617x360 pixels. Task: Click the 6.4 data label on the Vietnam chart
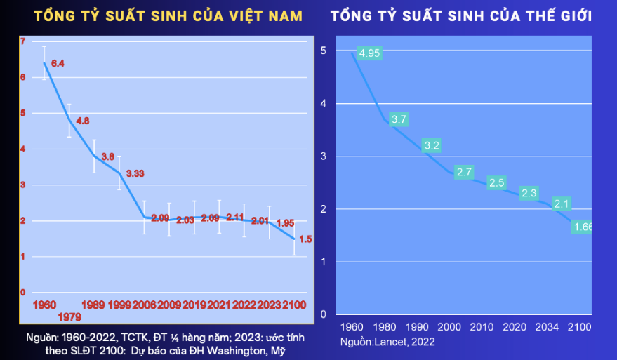(58, 64)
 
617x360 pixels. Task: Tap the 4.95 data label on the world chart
(369, 53)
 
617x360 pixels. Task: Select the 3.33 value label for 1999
(135, 173)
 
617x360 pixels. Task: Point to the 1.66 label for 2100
(583, 227)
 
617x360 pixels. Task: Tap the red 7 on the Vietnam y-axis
(22, 41)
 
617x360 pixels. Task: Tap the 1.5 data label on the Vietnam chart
(305, 239)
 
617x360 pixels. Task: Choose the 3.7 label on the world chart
(399, 119)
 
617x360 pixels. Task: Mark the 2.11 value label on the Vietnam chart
(235, 217)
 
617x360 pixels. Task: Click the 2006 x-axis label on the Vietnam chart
(145, 305)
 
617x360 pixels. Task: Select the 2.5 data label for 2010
(496, 182)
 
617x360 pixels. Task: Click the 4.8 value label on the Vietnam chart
(82, 121)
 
